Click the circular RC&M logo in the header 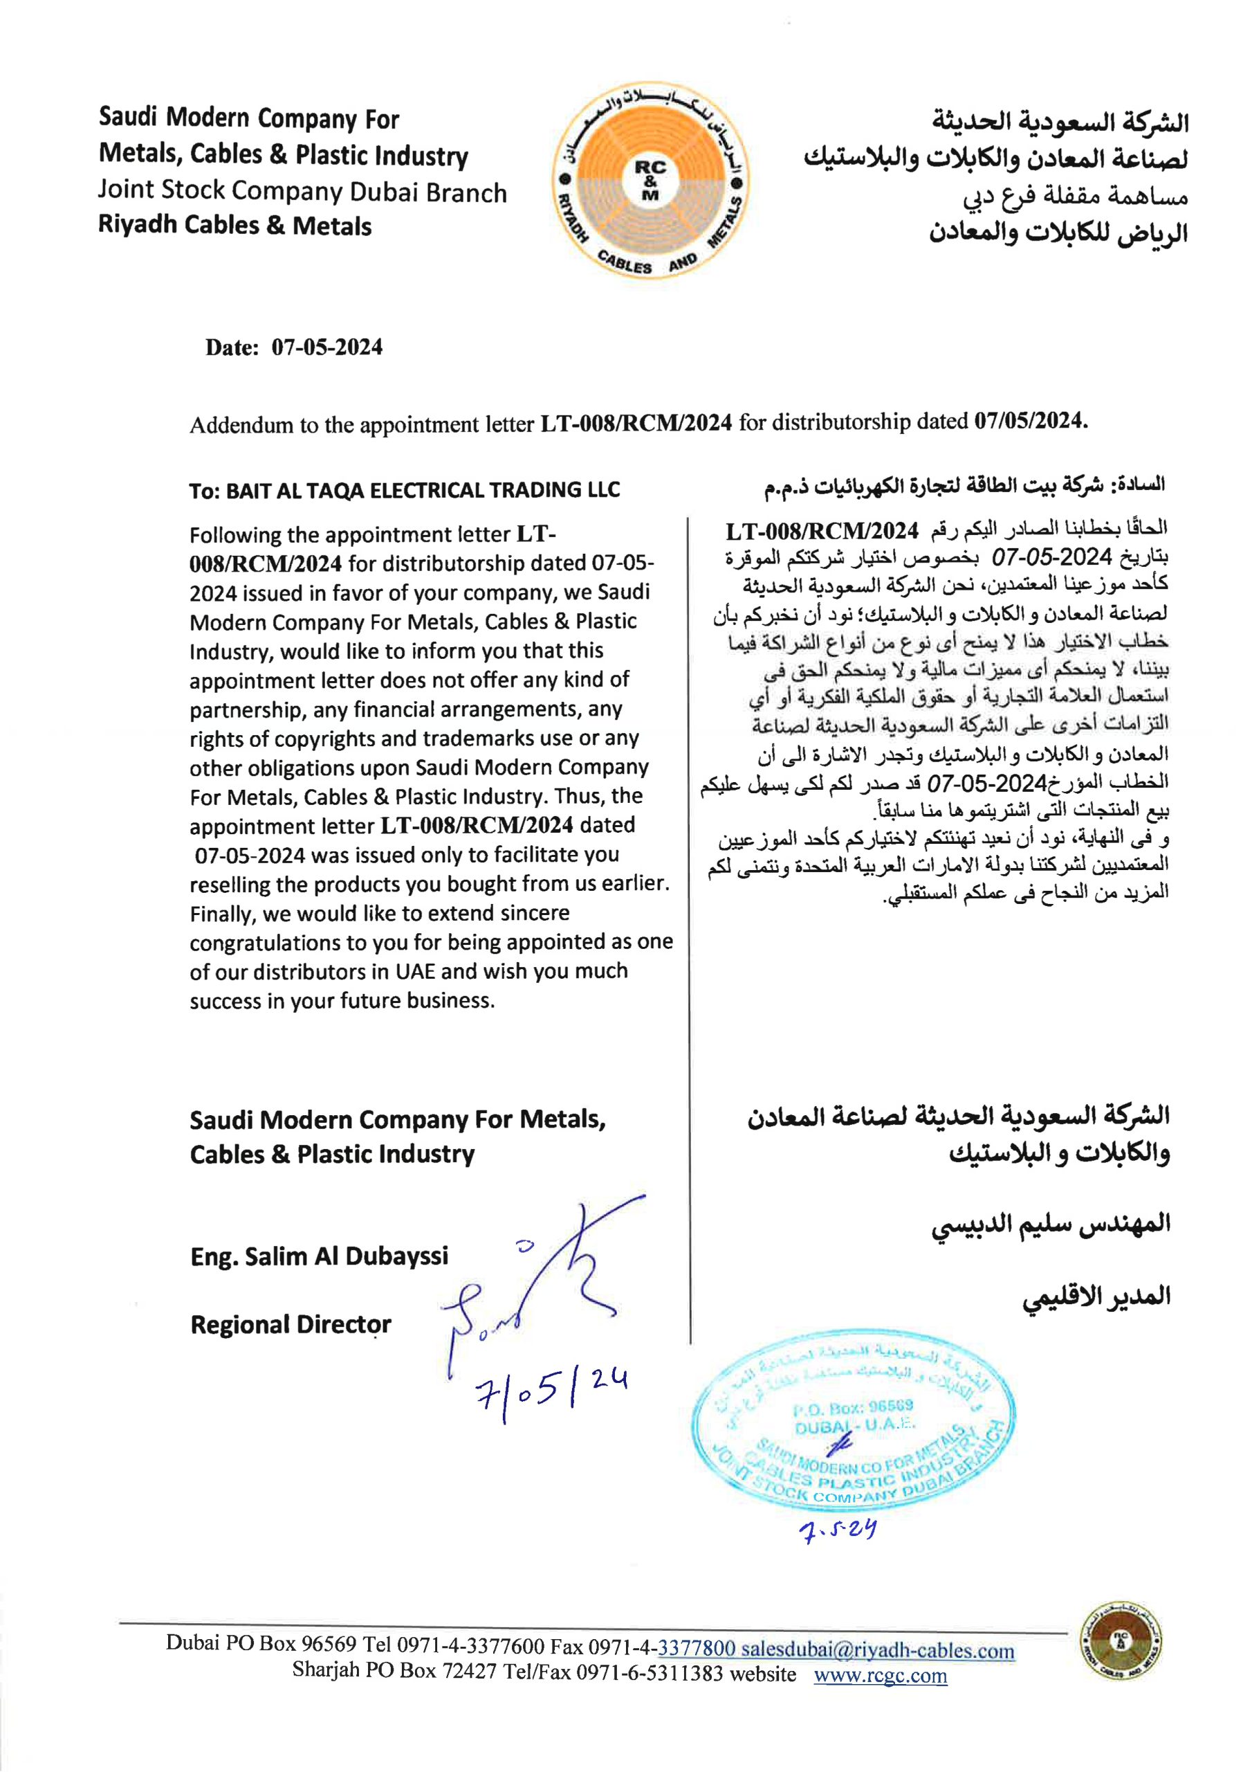tap(650, 183)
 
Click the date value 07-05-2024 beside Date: tap(326, 347)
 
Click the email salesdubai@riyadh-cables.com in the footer tap(877, 1650)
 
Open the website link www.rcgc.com tap(880, 1675)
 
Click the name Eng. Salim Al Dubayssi tap(320, 1256)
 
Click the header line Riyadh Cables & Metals tap(234, 226)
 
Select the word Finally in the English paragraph tap(222, 914)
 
